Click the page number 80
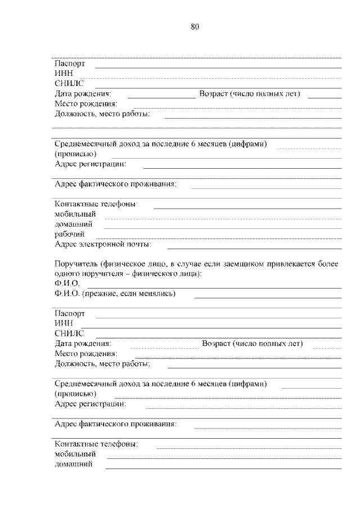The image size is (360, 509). (195, 26)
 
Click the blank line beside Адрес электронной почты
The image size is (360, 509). (254, 248)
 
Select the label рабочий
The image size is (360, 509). (70, 235)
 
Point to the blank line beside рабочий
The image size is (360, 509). (222, 238)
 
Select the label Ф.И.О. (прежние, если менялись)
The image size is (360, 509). (115, 294)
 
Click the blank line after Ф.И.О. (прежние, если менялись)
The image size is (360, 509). (268, 297)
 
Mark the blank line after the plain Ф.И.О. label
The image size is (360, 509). (214, 287)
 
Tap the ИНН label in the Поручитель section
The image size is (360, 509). (62, 323)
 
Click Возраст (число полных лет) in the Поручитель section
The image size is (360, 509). (252, 344)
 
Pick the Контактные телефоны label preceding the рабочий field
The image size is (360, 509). (97, 204)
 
